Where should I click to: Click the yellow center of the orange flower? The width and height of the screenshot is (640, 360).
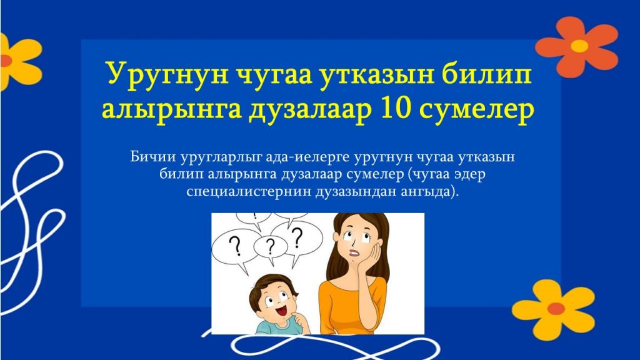(579, 46)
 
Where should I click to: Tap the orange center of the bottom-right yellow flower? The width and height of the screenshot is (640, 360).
(556, 309)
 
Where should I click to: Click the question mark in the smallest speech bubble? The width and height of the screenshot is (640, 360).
(270, 246)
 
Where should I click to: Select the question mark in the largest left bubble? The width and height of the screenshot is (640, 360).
(235, 246)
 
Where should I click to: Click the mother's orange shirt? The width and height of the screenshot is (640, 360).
(351, 306)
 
